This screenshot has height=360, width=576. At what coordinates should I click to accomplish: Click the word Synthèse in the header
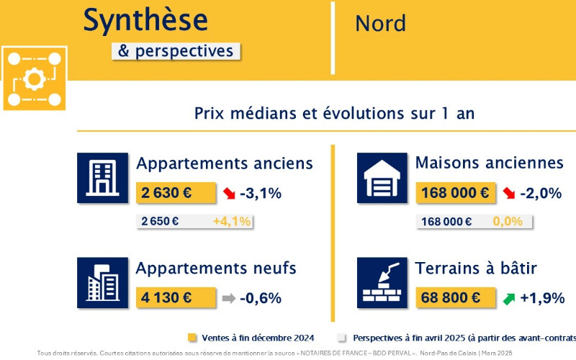pyautogui.click(x=145, y=20)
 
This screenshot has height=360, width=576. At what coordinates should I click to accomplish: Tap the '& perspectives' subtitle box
pyautogui.click(x=176, y=51)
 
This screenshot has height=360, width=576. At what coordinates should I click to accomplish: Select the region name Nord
pyautogui.click(x=381, y=24)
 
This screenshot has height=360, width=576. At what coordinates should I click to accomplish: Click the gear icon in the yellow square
pyautogui.click(x=34, y=78)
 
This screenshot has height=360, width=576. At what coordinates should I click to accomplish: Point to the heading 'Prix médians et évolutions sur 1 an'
pyautogui.click(x=334, y=114)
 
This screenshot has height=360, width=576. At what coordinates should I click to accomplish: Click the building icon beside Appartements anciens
pyautogui.click(x=102, y=178)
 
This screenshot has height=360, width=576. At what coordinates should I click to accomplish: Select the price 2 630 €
pyautogui.click(x=166, y=193)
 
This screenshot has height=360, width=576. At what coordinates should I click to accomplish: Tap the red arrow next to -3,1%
pyautogui.click(x=229, y=193)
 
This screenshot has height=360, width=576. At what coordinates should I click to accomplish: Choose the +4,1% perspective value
pyautogui.click(x=232, y=221)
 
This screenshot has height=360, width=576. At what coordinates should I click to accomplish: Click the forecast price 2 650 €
pyautogui.click(x=160, y=221)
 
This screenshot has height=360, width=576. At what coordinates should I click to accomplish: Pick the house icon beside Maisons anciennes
pyautogui.click(x=382, y=178)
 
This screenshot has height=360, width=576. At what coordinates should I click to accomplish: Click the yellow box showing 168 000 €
pyautogui.click(x=456, y=193)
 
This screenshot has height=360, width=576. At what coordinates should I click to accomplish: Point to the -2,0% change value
pyautogui.click(x=541, y=193)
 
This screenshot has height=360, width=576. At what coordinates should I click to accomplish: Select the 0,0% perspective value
pyautogui.click(x=508, y=221)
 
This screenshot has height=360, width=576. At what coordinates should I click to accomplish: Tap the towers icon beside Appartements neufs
pyautogui.click(x=102, y=283)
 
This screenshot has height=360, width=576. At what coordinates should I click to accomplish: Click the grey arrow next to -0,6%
pyautogui.click(x=229, y=298)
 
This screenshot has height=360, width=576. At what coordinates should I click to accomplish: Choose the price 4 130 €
pyautogui.click(x=166, y=297)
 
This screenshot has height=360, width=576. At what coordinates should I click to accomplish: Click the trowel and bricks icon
pyautogui.click(x=382, y=283)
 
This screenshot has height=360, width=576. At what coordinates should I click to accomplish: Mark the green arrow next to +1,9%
pyautogui.click(x=509, y=299)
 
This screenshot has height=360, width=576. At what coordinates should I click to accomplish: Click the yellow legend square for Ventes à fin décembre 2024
pyautogui.click(x=192, y=338)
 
